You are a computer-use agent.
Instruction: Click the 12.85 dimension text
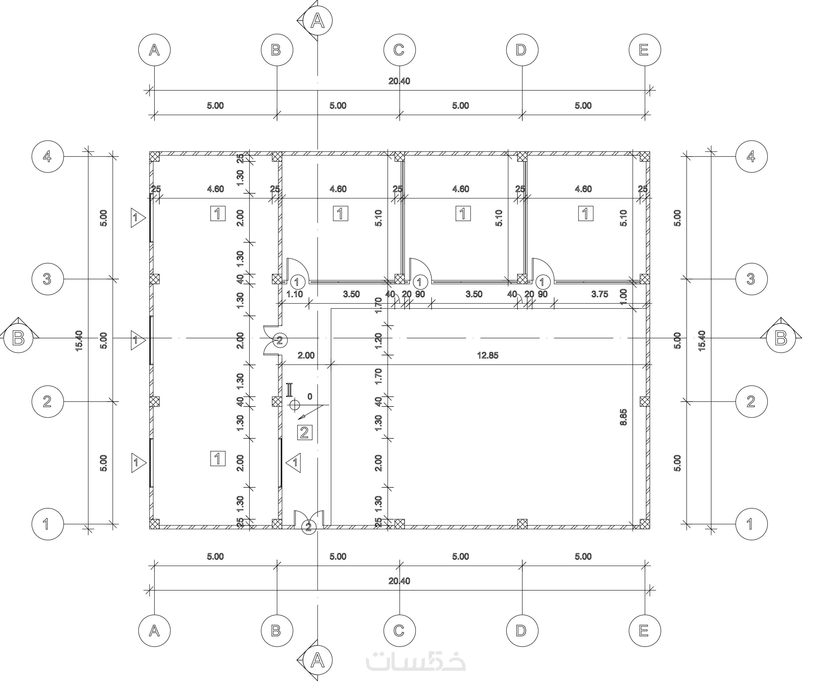[488, 356]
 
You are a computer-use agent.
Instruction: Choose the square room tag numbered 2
[305, 433]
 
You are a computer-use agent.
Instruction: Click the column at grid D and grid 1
[522, 524]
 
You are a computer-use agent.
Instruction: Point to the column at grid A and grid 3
[154, 279]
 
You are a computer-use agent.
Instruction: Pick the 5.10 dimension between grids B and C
[378, 218]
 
